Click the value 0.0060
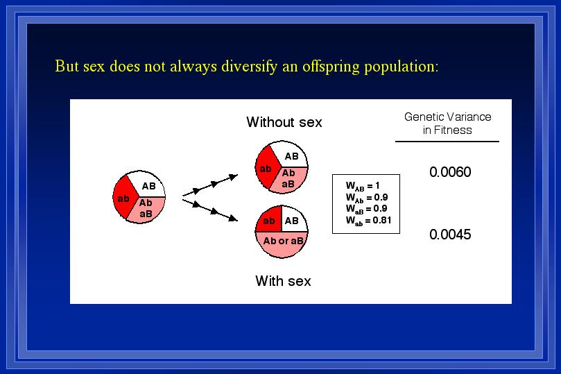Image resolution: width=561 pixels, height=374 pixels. [450, 172]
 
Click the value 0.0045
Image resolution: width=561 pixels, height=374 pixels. [450, 235]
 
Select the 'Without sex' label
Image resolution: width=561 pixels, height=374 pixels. [284, 122]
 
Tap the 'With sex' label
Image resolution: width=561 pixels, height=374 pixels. [283, 281]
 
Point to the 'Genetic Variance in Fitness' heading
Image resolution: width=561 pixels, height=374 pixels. [447, 123]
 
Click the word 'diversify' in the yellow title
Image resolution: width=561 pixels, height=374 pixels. [249, 67]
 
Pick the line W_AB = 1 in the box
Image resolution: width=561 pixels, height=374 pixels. [363, 186]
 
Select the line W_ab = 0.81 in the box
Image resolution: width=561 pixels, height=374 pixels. [368, 221]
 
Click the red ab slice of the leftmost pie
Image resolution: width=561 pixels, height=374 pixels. [124, 197]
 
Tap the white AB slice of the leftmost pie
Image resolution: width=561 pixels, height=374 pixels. [148, 185]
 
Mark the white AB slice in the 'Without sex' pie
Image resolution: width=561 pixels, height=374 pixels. [291, 155]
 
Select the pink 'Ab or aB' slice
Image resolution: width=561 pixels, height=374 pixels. [282, 244]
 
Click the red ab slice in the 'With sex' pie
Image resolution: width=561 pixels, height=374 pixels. [269, 220]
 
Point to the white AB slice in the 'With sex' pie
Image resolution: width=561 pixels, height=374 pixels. [293, 220]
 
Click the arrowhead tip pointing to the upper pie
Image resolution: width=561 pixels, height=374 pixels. [238, 175]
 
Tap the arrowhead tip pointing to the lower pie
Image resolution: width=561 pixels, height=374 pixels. [238, 221]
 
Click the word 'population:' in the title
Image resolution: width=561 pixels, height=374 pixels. [401, 67]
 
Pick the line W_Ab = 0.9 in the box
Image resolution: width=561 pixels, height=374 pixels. [367, 198]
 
